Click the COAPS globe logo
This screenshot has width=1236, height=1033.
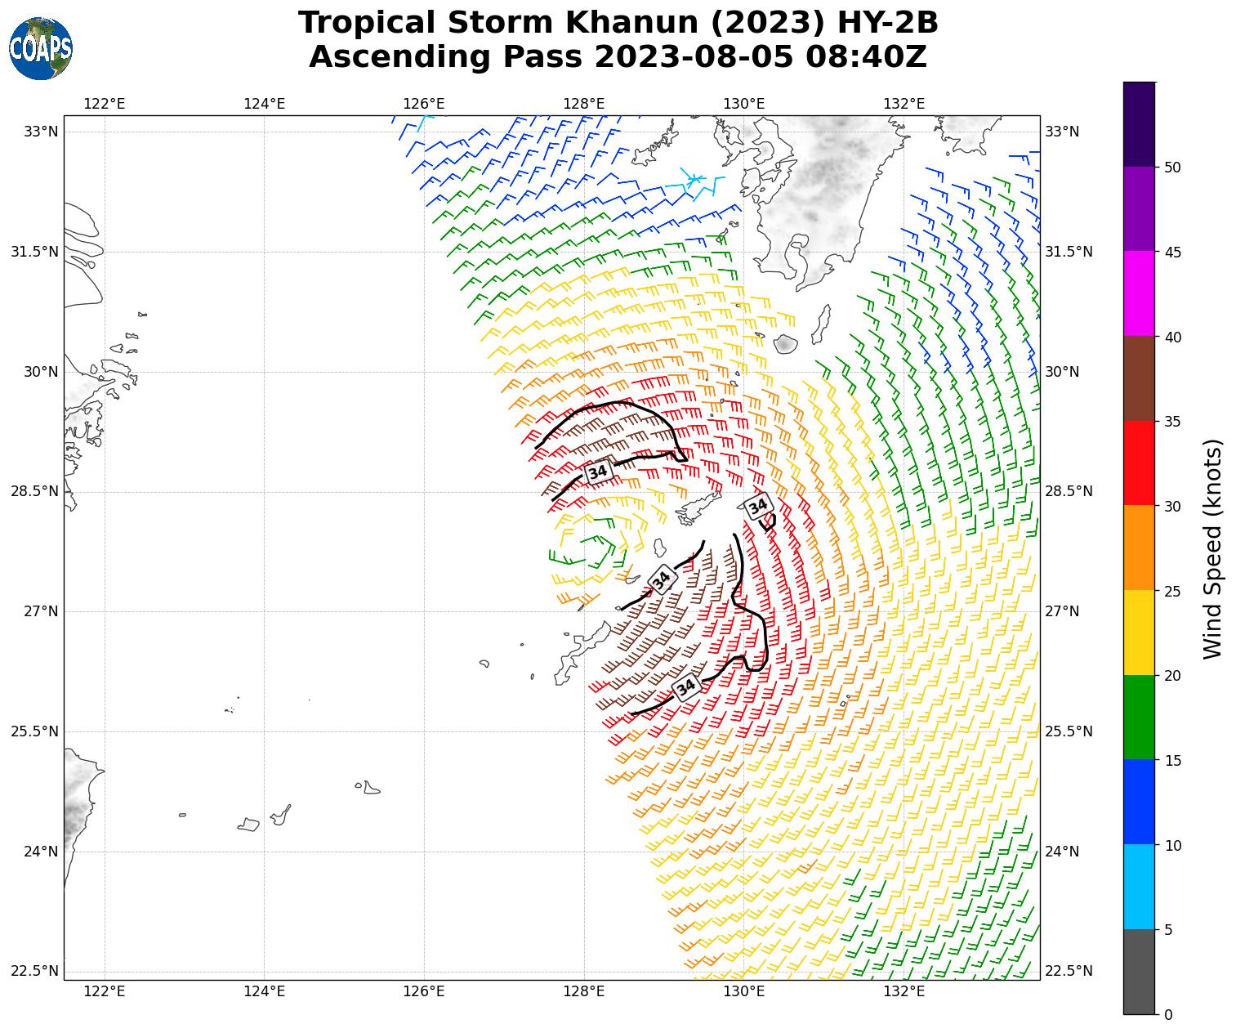(x=41, y=49)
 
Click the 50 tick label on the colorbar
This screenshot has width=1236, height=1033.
(x=1173, y=168)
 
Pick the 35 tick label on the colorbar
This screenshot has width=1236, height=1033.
(x=1173, y=422)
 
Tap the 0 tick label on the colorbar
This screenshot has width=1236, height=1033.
(x=1168, y=1015)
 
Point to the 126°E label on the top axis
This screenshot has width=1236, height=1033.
(x=424, y=104)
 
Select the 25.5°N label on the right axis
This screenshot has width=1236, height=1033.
(x=1069, y=731)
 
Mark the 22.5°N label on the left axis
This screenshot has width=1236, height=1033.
(x=34, y=972)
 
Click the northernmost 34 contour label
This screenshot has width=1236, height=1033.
(x=598, y=472)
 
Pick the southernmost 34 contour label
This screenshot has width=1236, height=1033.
(x=686, y=687)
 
